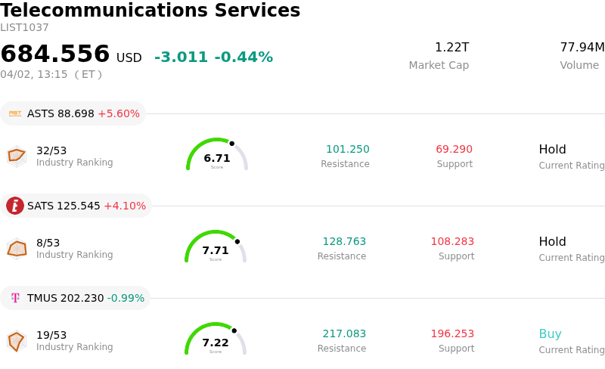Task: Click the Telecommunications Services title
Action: pos(150,11)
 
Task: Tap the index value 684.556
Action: pos(55,54)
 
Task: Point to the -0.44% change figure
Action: pos(244,57)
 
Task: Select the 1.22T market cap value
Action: pos(451,48)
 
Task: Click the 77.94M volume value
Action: pos(582,48)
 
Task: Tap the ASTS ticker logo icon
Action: pos(15,113)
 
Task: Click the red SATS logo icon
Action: pos(15,206)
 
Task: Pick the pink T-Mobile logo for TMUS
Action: pos(15,298)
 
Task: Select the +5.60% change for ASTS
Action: pos(119,114)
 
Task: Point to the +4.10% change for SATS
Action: pos(125,206)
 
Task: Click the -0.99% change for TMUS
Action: pos(126,299)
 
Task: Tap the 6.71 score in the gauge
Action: pos(217,158)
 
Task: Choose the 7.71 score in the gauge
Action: pos(216,250)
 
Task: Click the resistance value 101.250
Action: pos(348,150)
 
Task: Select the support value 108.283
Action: pos(452,242)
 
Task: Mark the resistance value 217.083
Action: pos(344,334)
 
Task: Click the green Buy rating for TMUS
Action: pos(551,334)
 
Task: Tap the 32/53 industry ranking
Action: pos(51,150)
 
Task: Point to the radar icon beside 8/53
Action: pos(17,248)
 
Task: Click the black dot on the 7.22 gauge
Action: pos(234,330)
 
